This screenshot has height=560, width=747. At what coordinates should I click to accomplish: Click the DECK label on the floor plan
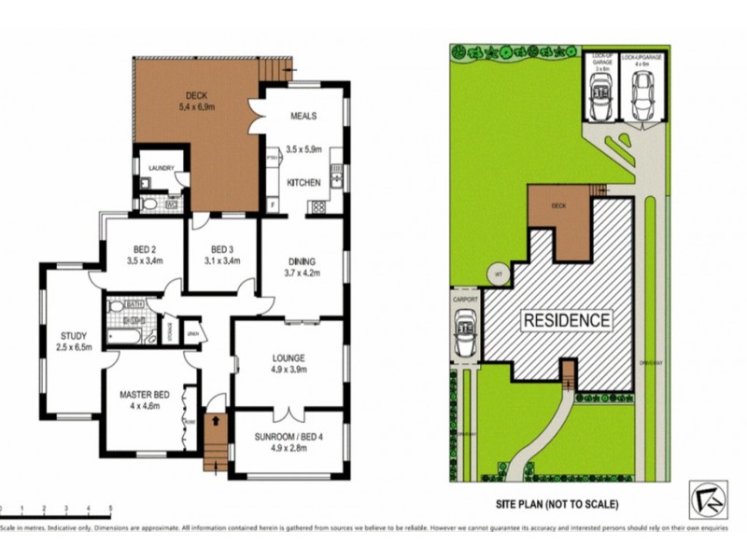pyautogui.click(x=195, y=94)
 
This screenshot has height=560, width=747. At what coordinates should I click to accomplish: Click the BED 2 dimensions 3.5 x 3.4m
pyautogui.click(x=145, y=261)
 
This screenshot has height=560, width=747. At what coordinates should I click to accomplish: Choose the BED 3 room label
pyautogui.click(x=220, y=249)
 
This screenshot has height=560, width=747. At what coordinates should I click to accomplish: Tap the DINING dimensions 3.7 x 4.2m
pyautogui.click(x=302, y=273)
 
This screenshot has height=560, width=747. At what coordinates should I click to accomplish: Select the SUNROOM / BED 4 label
pyautogui.click(x=289, y=436)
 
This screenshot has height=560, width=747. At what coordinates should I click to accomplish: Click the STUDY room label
pyautogui.click(x=74, y=336)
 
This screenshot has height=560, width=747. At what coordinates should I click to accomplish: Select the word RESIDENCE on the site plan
pyautogui.click(x=567, y=320)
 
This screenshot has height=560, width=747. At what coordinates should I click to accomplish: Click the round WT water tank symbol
pyautogui.click(x=499, y=274)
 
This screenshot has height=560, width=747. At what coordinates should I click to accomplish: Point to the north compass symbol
pyautogui.click(x=707, y=499)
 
